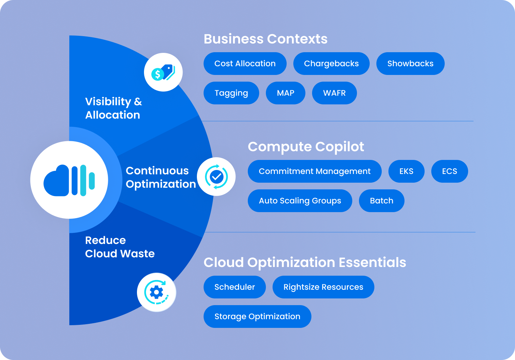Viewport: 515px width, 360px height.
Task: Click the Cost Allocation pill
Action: click(245, 64)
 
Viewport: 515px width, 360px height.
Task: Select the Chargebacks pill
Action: click(331, 64)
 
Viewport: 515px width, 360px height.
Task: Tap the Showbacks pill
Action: click(410, 64)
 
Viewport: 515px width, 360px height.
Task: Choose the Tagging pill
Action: click(231, 93)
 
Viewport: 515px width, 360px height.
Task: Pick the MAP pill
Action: click(286, 93)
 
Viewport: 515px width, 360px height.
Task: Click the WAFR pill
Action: click(334, 93)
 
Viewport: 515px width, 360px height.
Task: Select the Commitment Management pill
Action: click(314, 171)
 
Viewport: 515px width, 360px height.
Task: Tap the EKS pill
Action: click(406, 171)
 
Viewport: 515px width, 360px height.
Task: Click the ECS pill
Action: click(449, 171)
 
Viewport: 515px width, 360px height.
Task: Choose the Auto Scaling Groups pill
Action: click(300, 201)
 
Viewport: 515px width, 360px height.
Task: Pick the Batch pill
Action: click(381, 201)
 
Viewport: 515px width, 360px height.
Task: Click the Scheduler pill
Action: click(234, 287)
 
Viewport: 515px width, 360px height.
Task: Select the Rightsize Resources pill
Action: click(323, 287)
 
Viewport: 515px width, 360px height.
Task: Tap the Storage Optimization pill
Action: click(257, 317)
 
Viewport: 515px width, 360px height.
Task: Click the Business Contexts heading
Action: click(266, 39)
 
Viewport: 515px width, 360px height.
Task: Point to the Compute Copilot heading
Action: click(306, 147)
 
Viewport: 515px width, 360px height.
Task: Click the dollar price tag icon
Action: click(163, 72)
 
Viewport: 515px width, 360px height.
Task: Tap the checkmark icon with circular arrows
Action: click(216, 177)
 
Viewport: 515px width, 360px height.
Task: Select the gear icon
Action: click(156, 292)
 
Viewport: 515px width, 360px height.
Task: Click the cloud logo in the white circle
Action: click(69, 180)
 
